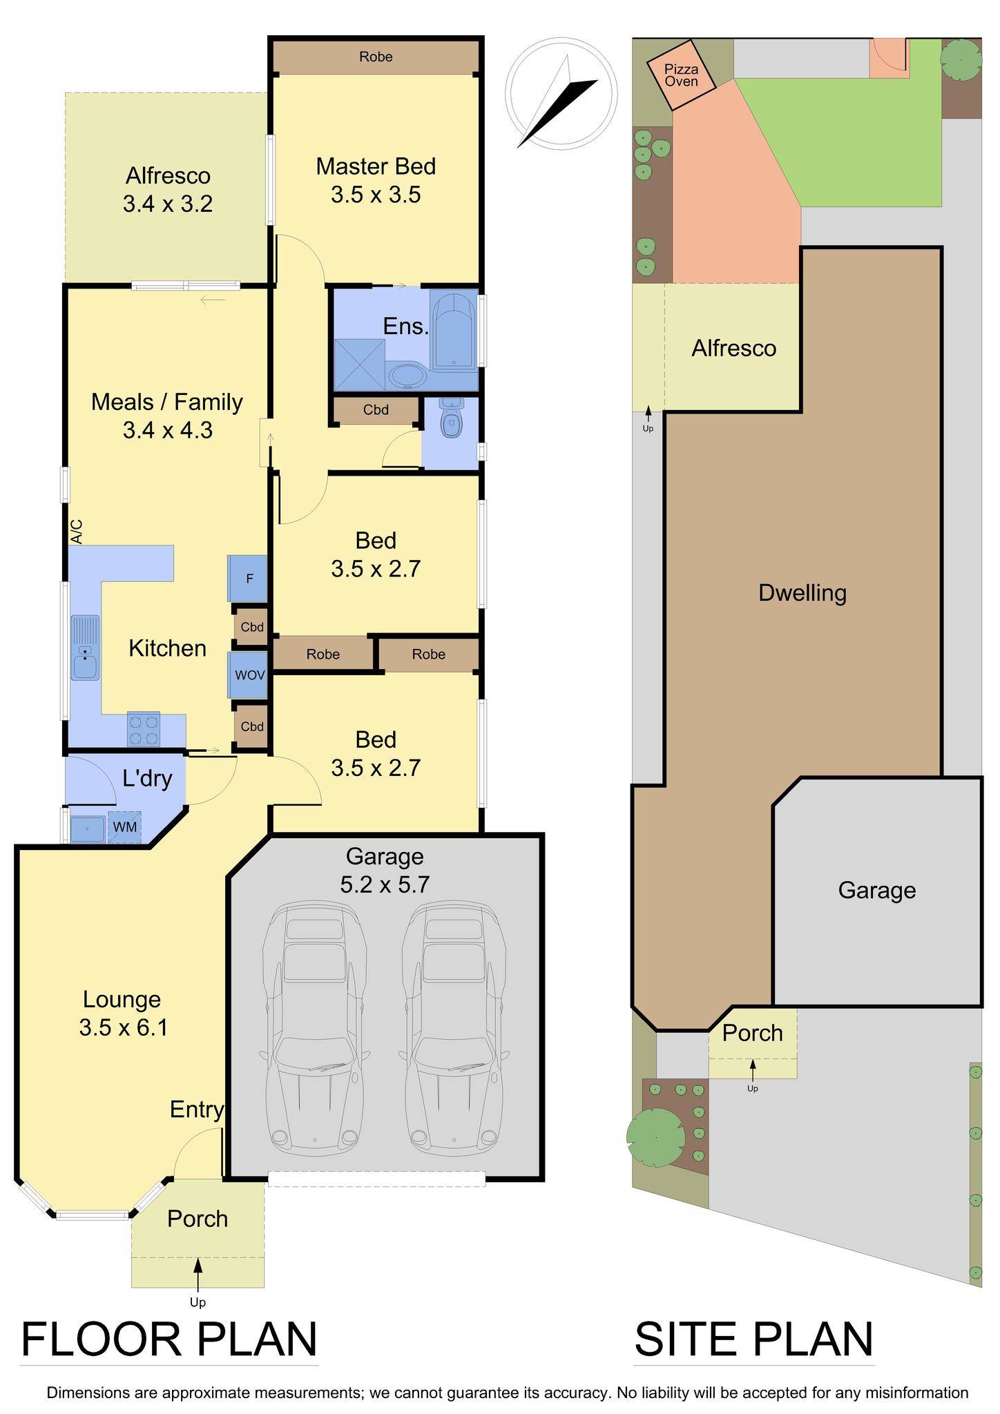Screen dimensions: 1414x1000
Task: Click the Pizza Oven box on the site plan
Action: tap(681, 75)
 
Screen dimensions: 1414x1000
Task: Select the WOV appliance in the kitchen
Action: tap(249, 675)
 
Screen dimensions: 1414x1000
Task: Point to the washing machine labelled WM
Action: tap(124, 826)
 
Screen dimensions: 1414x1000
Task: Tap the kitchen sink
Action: tap(85, 648)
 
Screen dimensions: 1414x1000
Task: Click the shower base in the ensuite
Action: tap(359, 365)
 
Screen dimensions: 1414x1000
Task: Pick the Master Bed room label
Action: tap(376, 166)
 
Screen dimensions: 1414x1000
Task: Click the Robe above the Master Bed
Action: tap(376, 57)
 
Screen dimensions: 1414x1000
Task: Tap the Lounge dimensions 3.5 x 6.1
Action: tap(123, 1028)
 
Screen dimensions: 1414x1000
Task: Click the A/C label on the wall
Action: tap(76, 532)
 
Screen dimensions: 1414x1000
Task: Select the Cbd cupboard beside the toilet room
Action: tap(376, 410)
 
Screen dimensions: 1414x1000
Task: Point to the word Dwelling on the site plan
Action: tap(802, 593)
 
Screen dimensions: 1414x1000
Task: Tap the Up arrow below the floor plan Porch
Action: tap(198, 1281)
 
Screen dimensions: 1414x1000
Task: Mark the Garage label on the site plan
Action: tap(877, 891)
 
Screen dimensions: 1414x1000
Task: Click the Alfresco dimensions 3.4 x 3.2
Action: tap(167, 204)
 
